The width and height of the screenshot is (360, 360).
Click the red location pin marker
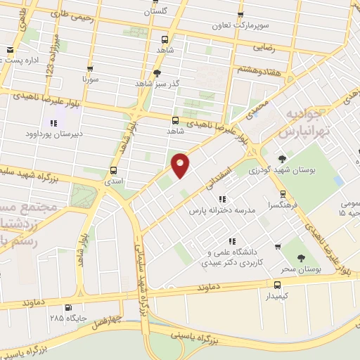[181, 165]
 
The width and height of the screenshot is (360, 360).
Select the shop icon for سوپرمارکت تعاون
[241, 14]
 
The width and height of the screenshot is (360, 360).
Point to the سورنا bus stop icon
[90, 69]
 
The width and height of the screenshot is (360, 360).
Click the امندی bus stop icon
[114, 170]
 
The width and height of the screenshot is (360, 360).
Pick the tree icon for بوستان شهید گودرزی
[283, 159]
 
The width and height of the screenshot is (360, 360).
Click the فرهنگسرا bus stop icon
[283, 193]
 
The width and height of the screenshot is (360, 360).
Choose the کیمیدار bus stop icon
[278, 284]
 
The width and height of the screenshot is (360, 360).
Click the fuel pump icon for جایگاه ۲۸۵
[67, 307]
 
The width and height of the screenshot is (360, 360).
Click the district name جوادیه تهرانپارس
[308, 121]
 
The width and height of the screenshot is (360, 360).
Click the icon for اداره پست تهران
[10, 50]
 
